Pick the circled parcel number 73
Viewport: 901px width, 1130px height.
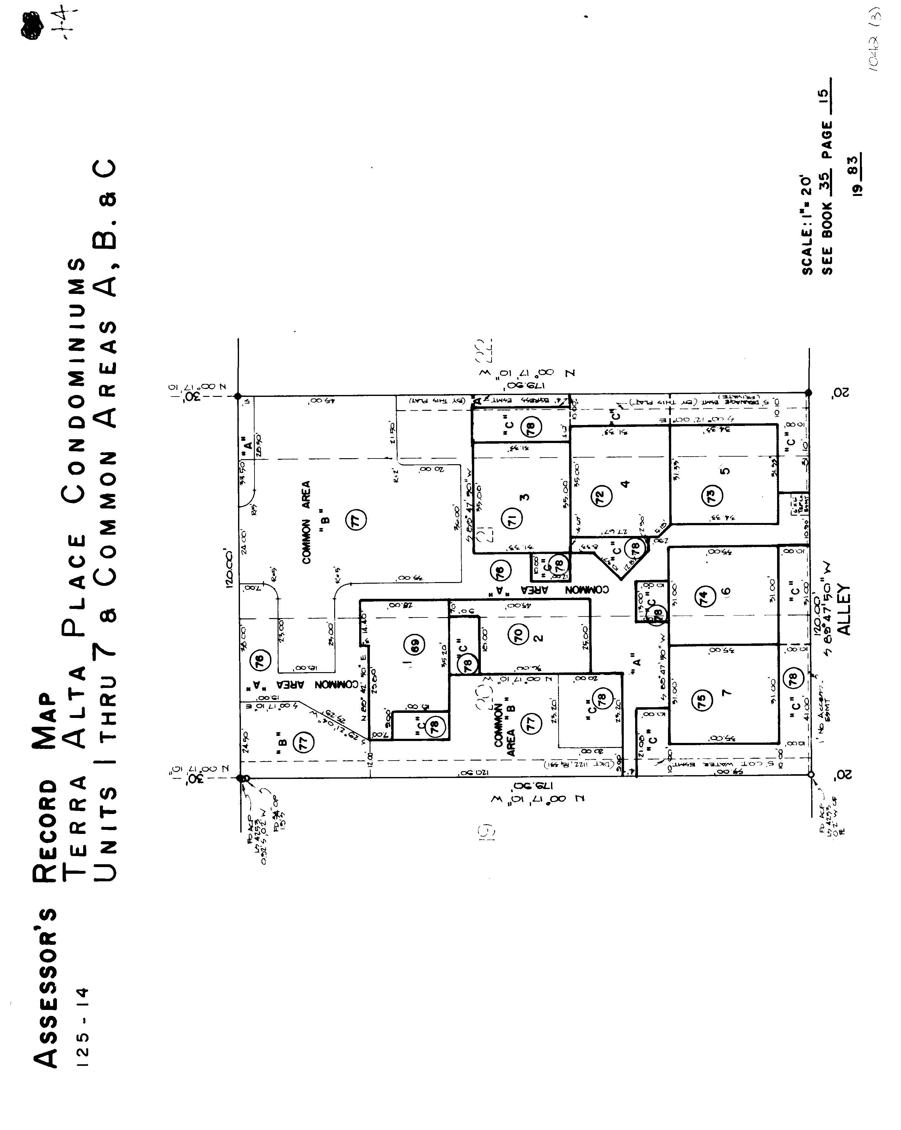(x=712, y=495)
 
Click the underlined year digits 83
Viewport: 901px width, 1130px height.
(x=855, y=167)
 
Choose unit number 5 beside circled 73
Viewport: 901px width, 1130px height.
(x=727, y=470)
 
